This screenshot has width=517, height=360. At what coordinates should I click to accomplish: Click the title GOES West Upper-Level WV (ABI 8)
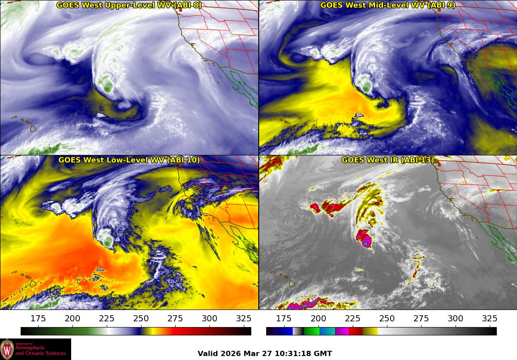tap(129, 5)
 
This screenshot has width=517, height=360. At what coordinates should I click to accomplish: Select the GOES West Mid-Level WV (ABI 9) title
tap(388, 5)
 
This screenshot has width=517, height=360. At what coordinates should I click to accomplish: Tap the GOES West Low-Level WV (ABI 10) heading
tap(129, 160)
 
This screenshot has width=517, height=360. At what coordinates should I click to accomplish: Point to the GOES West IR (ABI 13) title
tap(388, 160)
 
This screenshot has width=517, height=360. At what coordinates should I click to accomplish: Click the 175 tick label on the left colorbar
tap(39, 318)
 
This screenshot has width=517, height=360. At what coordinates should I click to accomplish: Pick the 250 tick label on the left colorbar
tap(141, 318)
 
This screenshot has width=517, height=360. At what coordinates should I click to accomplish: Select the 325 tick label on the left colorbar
tap(243, 318)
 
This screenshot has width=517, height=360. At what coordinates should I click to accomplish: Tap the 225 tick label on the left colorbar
tap(107, 318)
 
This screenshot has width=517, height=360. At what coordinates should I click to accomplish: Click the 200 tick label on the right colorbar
tap(318, 318)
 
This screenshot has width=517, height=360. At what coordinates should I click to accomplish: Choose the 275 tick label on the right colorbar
tap(420, 318)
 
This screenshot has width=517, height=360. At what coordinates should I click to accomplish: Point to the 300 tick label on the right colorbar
tap(455, 318)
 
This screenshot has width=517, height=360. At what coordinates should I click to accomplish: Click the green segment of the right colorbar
tap(311, 331)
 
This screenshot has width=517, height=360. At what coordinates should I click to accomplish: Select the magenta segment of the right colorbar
tap(341, 331)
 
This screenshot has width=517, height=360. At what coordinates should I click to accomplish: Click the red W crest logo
tap(7, 349)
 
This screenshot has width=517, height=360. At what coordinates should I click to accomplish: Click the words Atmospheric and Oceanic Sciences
tap(40, 350)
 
